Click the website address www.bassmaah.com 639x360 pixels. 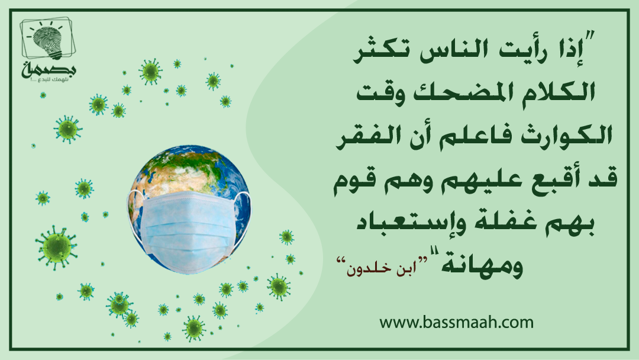[456, 323]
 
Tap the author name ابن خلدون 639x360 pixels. [376, 269]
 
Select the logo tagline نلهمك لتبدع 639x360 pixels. [49, 79]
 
